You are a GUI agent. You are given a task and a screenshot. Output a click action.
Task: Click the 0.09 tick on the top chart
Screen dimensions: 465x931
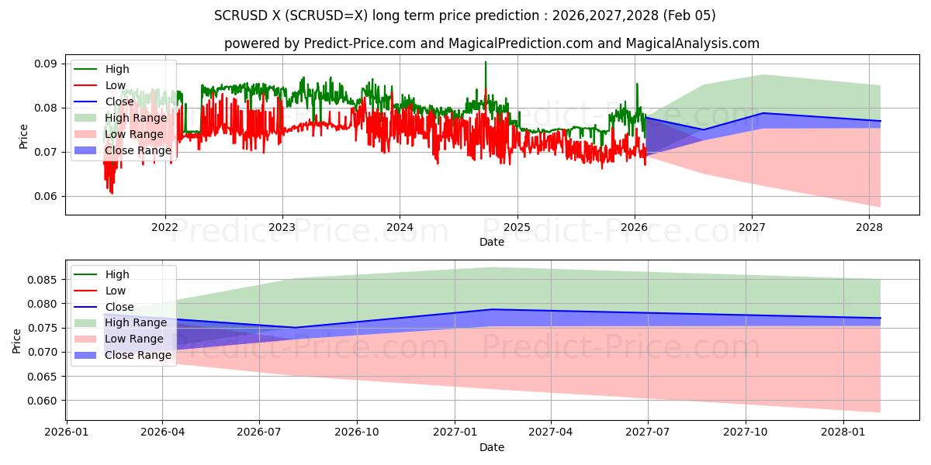(x=47, y=64)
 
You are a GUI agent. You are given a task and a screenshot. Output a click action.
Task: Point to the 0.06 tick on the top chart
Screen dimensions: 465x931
(x=47, y=196)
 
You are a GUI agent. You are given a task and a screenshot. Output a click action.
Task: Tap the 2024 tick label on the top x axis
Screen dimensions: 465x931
(x=400, y=227)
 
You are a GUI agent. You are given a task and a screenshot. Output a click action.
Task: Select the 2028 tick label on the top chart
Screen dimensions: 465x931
(x=869, y=227)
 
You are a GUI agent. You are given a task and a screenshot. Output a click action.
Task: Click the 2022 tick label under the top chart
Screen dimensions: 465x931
(x=164, y=227)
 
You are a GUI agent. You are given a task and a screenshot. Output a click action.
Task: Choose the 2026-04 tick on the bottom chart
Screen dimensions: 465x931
(x=163, y=432)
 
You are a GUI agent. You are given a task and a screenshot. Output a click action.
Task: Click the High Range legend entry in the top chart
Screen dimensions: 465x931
(x=136, y=118)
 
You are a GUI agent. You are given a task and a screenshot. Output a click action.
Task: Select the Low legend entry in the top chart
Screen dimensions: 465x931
(x=116, y=85)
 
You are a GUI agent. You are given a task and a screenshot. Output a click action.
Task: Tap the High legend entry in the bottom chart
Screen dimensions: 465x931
(x=117, y=274)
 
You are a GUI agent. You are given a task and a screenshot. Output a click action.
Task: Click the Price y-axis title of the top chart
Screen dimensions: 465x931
(x=22, y=137)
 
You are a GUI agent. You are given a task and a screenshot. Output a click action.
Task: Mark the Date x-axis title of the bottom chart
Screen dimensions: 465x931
(x=492, y=447)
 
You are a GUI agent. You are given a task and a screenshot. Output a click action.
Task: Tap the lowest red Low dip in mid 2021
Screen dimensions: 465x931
(x=112, y=192)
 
